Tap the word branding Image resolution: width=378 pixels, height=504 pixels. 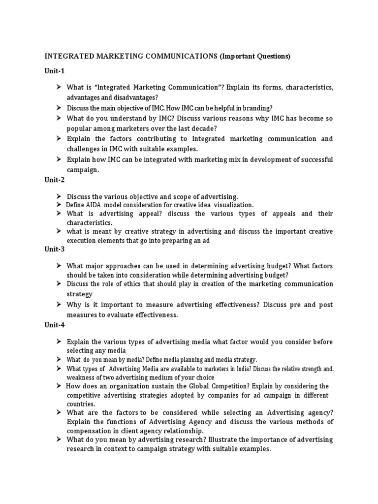(256, 107)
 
